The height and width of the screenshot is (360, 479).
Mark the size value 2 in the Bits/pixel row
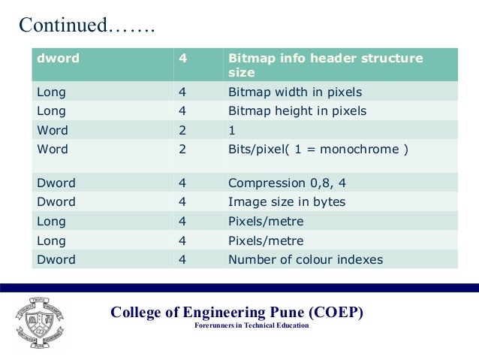[x=182, y=149]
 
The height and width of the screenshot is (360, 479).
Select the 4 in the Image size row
[x=182, y=201]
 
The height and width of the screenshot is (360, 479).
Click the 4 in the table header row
[x=182, y=58]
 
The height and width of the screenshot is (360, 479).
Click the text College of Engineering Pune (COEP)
[x=236, y=312]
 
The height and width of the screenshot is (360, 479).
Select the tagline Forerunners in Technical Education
[x=252, y=325]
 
